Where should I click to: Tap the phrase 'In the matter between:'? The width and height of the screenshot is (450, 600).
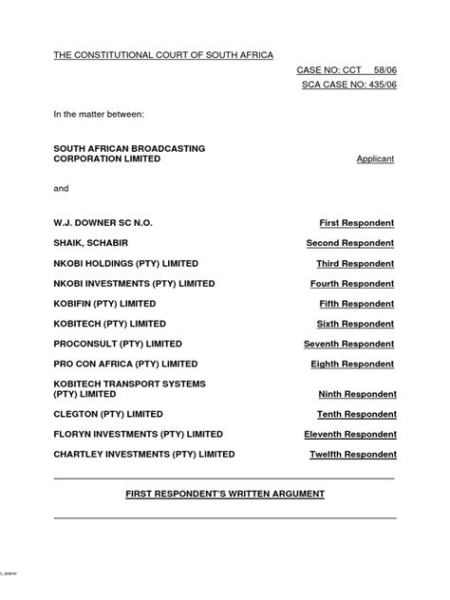(98, 115)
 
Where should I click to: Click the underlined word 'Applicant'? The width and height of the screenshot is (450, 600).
(375, 159)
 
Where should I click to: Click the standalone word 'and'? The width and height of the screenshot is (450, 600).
(62, 189)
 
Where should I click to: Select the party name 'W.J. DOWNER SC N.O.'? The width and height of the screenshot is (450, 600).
(103, 222)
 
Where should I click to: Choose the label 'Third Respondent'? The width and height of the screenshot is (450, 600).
(356, 263)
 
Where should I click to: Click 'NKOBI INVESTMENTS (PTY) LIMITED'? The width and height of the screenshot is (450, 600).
(134, 283)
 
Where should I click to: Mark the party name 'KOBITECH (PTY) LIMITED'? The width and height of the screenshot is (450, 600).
(112, 324)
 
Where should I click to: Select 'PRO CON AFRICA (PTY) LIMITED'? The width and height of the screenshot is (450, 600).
(125, 364)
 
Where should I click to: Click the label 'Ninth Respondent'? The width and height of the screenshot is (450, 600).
(356, 394)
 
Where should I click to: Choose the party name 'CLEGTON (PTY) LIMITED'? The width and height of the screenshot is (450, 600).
(108, 414)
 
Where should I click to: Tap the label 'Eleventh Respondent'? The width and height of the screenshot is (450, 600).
(351, 434)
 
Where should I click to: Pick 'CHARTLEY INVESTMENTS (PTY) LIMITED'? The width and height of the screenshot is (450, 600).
(143, 454)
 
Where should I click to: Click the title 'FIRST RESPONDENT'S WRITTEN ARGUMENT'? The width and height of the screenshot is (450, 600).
(225, 494)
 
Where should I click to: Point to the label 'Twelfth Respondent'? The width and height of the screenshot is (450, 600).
(352, 455)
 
